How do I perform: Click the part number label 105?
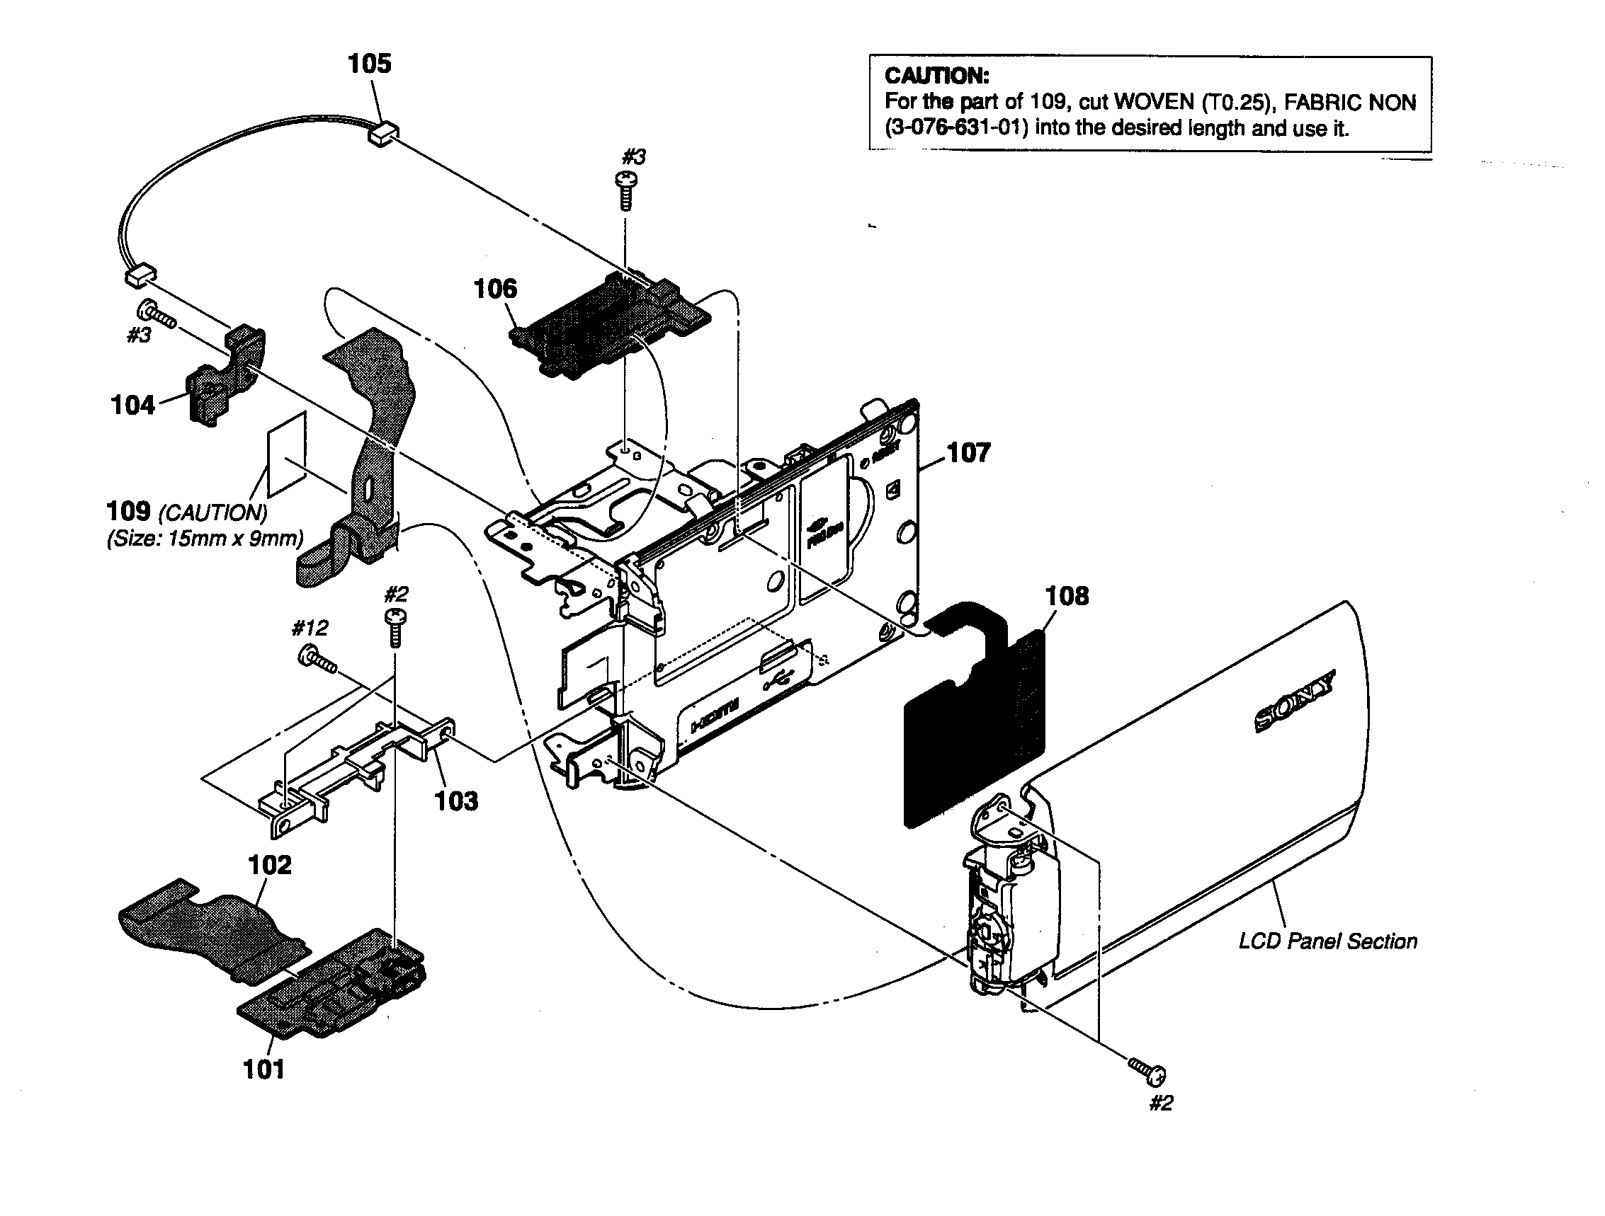click(x=369, y=64)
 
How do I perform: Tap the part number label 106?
click(x=495, y=289)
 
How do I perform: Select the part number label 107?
click(x=968, y=453)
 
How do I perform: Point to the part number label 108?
click(x=1066, y=596)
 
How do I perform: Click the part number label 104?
click(x=132, y=406)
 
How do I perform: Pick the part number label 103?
click(x=455, y=801)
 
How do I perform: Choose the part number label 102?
click(x=269, y=865)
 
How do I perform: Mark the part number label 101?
click(x=263, y=1069)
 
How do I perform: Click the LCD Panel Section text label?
click(x=1327, y=941)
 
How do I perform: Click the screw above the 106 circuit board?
click(x=625, y=188)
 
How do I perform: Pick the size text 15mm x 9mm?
click(x=206, y=539)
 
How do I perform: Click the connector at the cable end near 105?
click(x=385, y=134)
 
